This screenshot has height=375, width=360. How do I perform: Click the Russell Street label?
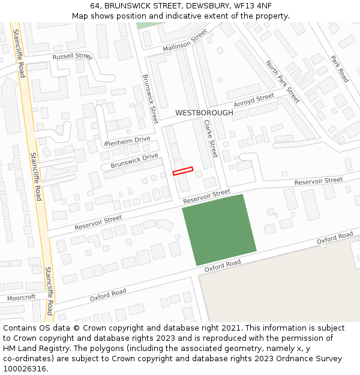coord(72,56)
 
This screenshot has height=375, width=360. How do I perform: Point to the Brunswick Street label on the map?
coord(150,98)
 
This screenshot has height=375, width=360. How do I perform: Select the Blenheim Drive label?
coord(127,142)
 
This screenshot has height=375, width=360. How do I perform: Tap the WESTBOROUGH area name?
coord(204,113)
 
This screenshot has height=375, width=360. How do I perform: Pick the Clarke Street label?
coord(210,139)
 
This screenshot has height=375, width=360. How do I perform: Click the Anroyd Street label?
coord(254,100)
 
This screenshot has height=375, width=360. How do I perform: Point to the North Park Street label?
coord(283,82)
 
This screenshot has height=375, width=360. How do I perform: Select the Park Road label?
coord(340,69)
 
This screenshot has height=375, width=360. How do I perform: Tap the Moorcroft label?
coord(22,298)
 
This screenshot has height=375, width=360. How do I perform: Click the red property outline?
coord(183,171)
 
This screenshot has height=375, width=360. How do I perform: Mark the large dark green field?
coord(220,229)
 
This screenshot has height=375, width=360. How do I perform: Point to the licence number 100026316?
coord(25,369)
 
